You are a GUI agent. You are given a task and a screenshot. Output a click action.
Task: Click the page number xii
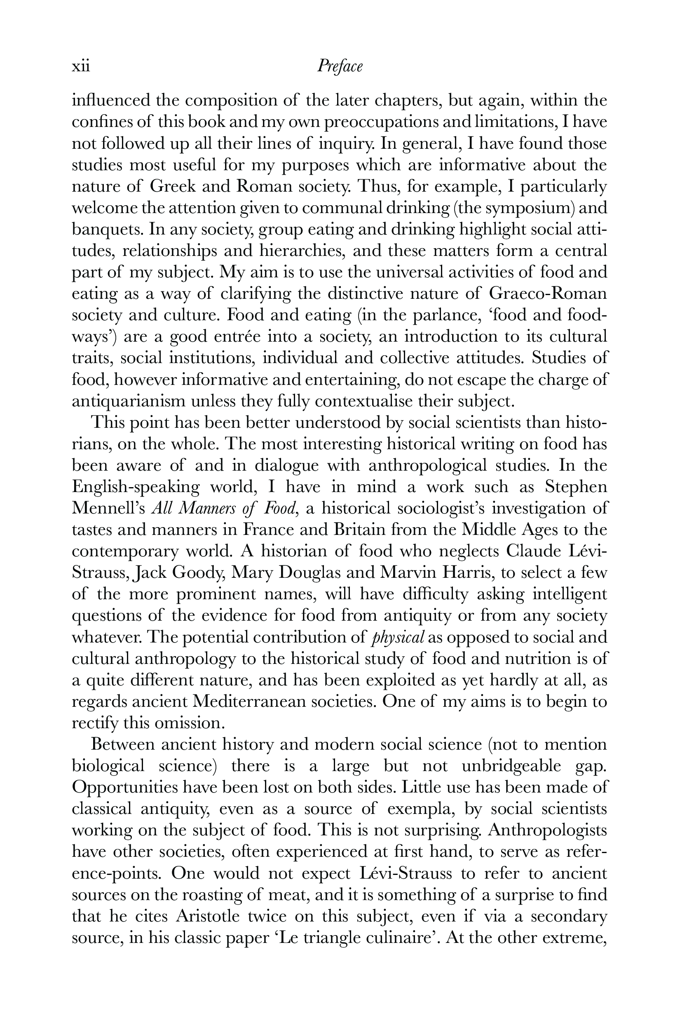click(81, 67)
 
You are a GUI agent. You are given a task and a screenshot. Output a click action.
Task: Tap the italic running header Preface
click(340, 67)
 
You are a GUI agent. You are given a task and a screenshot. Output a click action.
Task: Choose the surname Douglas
click(310, 573)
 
